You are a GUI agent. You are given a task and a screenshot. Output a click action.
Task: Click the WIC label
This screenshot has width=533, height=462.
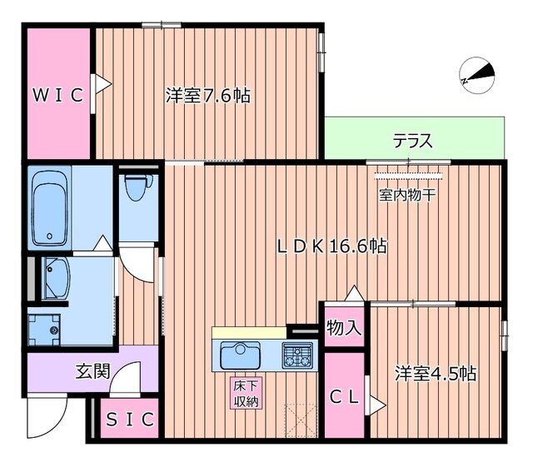tap(57, 95)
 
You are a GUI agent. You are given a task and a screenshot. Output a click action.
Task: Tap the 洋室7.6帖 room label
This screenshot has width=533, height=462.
tap(207, 96)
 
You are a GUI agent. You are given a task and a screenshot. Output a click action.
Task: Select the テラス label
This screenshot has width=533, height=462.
tap(413, 141)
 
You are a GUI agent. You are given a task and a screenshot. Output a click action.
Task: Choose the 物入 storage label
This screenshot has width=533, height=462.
tap(344, 327)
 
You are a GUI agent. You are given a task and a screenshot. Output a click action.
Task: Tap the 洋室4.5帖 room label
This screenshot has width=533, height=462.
tap(436, 373)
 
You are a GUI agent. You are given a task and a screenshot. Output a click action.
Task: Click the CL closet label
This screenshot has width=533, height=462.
tap(344, 398)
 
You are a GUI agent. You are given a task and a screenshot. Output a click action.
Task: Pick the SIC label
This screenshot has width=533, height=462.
tap(129, 419)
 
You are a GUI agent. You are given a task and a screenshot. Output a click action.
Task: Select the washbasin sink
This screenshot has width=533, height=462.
tap(57, 277)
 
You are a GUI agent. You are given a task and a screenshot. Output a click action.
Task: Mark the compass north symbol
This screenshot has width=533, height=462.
tap(476, 74)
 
